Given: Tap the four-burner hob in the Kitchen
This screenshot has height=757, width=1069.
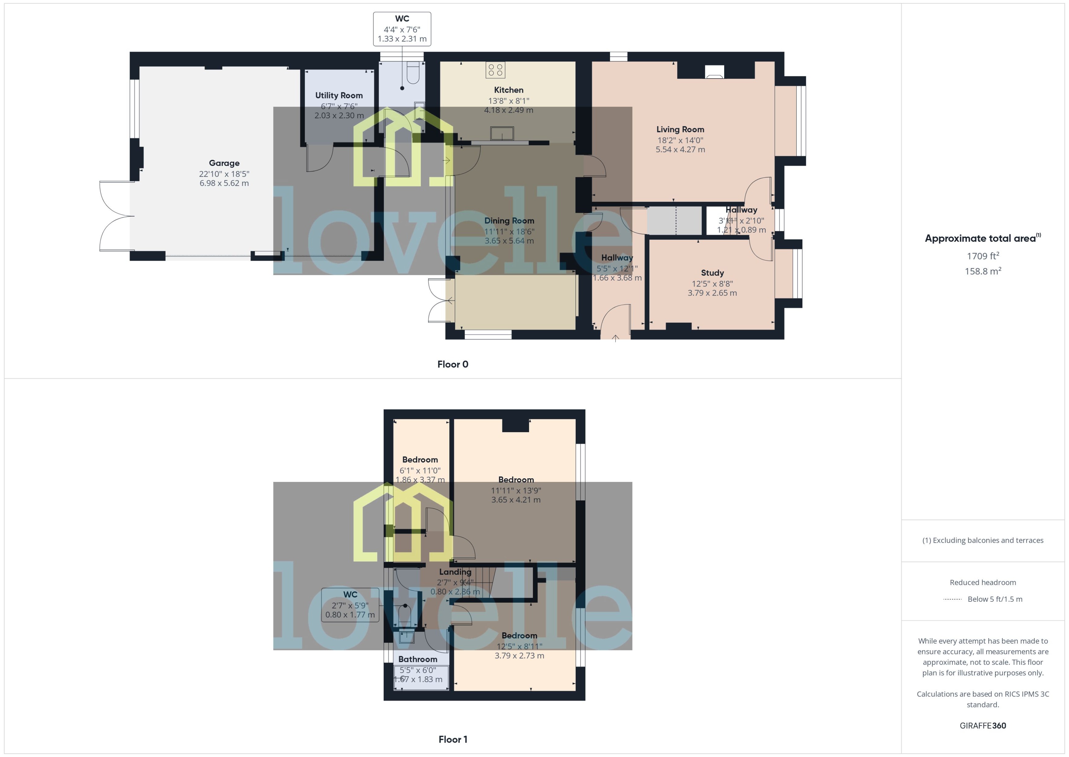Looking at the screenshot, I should coord(495,70).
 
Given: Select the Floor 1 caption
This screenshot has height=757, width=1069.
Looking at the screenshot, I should coord(452,739).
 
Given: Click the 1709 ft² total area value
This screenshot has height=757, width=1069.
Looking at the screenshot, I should coord(982,256).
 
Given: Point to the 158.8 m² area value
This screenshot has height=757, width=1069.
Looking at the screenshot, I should coord(982,271).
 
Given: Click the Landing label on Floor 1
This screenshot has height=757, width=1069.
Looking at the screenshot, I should coord(455,572).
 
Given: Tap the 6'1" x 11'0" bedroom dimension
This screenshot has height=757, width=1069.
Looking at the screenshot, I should coord(420,471).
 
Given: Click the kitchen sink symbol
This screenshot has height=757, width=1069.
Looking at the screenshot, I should coord(502,133).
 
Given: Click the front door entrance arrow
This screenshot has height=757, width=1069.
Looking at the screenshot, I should coord(615,338).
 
